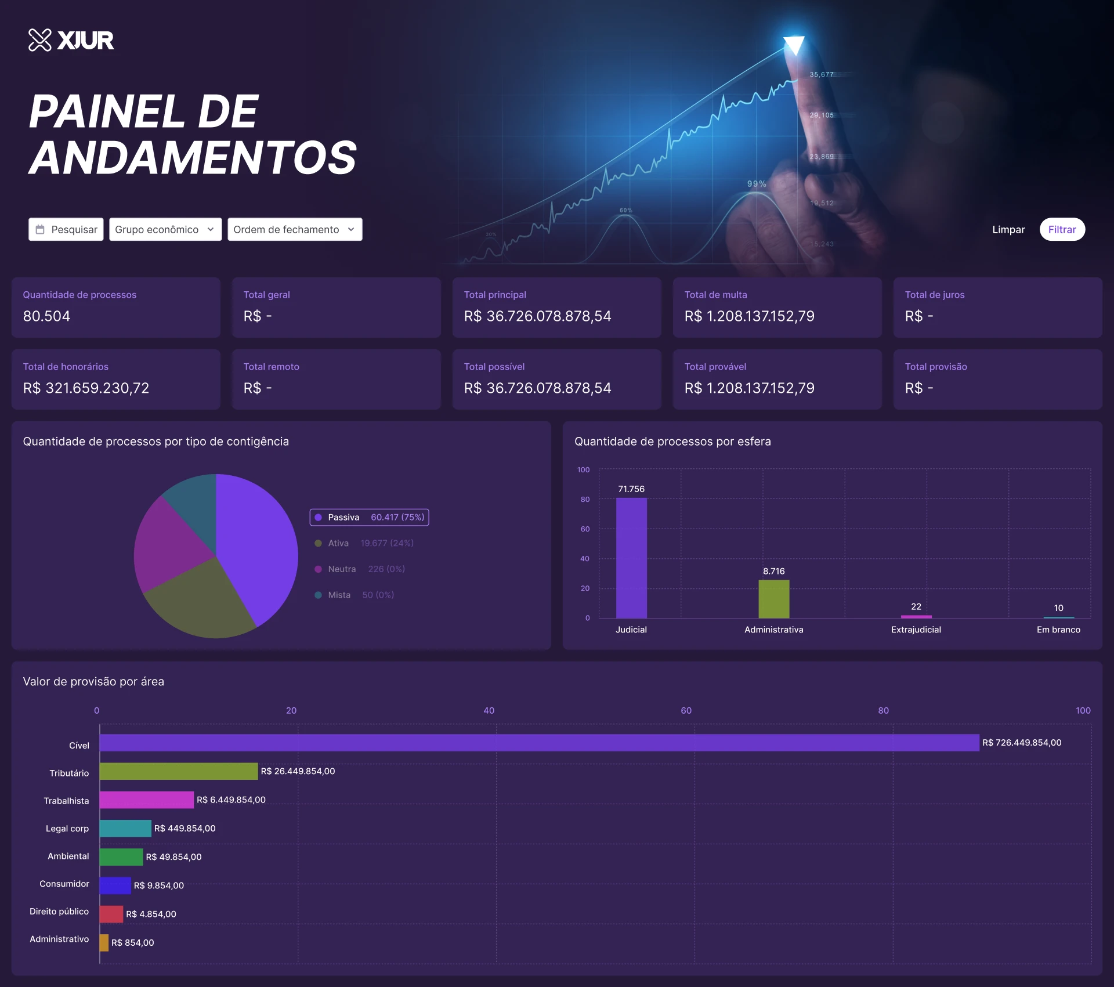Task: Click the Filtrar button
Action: coord(1062,229)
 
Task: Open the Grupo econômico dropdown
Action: coord(165,229)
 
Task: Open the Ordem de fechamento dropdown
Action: coord(294,229)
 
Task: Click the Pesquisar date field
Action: coord(66,229)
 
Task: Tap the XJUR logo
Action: coord(71,40)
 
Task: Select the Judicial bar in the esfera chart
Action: coord(631,558)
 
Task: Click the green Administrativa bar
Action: coord(773,599)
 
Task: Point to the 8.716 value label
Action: coord(773,571)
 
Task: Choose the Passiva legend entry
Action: coord(370,517)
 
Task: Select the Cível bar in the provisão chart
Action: coord(539,742)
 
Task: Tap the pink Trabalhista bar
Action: coord(146,800)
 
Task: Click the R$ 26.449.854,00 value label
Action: coord(298,771)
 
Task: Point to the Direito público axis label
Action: coord(59,911)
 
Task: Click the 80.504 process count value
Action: coord(46,316)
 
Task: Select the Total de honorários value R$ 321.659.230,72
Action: coord(86,388)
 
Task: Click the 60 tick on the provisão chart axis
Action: coord(686,710)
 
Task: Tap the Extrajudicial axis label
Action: coord(916,630)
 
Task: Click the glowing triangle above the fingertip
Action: coord(794,44)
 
